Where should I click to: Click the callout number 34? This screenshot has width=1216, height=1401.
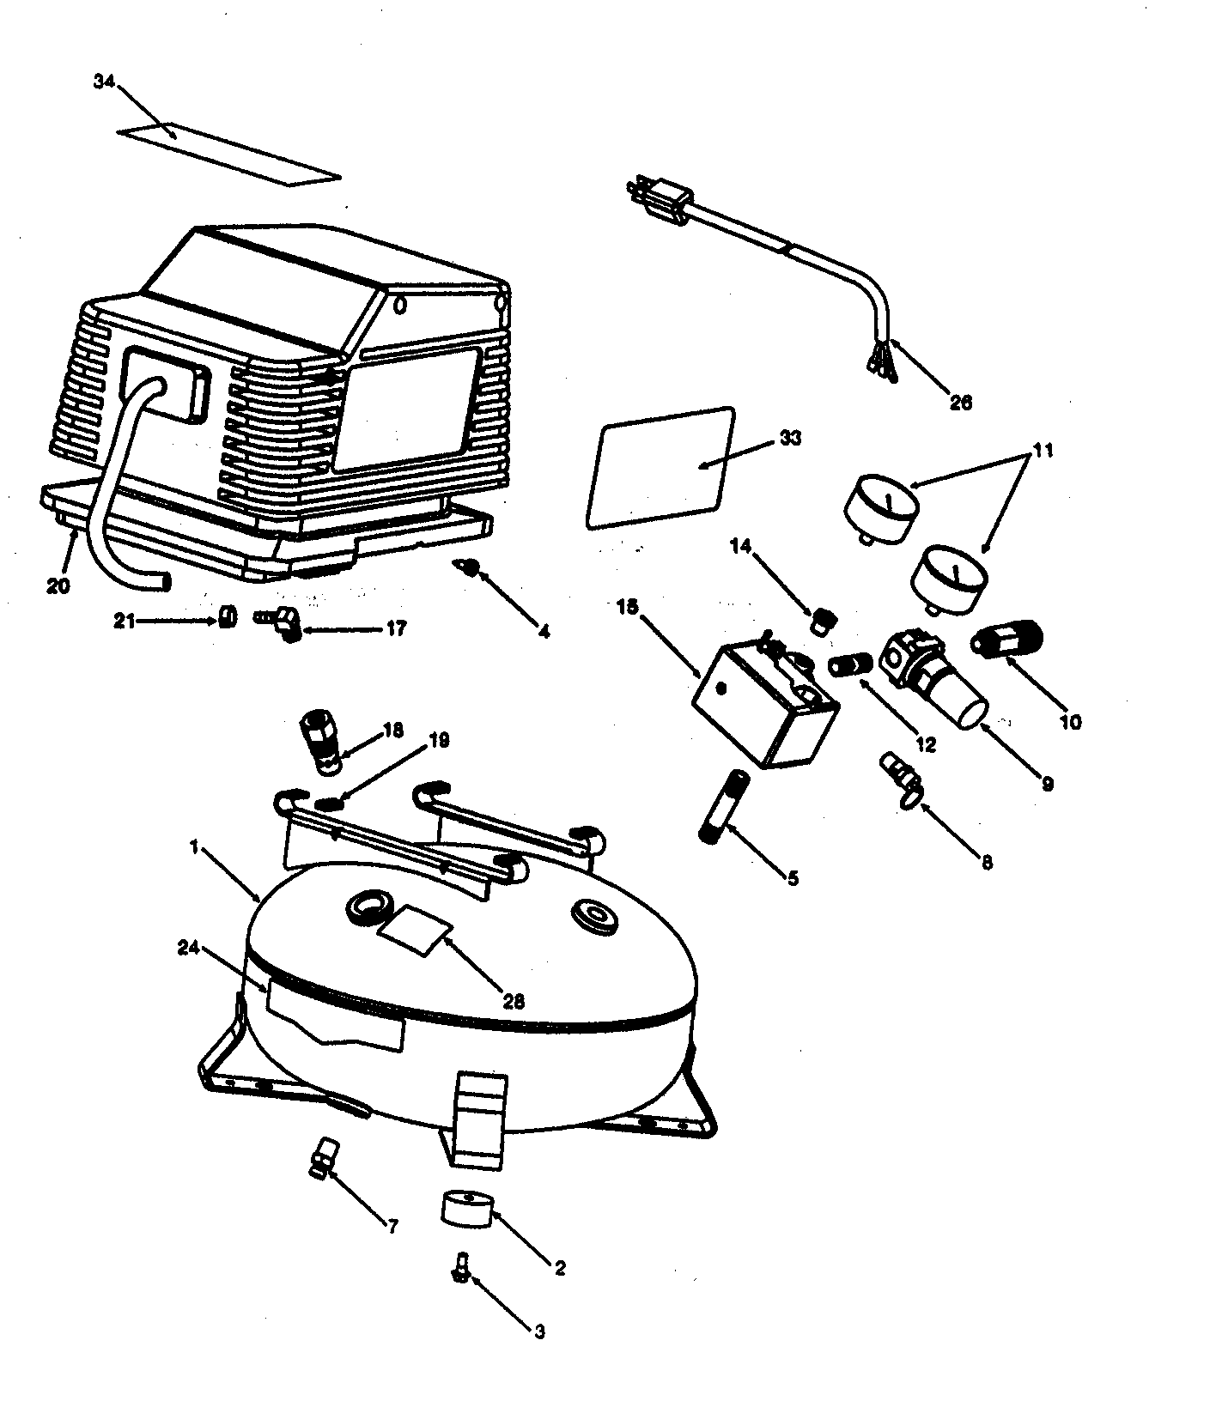(x=103, y=82)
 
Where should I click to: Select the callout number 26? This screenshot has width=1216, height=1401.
(x=961, y=403)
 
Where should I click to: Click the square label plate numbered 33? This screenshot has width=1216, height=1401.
(x=660, y=469)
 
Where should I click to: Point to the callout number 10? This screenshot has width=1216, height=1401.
(x=1070, y=722)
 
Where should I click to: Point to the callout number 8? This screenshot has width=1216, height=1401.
(x=987, y=863)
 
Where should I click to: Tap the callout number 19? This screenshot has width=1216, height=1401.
(x=438, y=740)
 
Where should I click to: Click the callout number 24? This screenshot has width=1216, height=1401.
(x=190, y=948)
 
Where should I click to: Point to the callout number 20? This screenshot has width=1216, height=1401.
(x=59, y=586)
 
